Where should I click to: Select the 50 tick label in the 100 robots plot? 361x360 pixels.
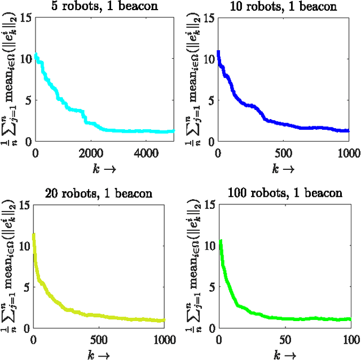click(x=285, y=339)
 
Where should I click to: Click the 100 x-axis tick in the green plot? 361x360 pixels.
click(x=350, y=339)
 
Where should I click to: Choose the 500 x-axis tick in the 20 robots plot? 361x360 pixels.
click(x=99, y=339)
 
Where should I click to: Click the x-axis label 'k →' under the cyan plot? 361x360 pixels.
click(x=104, y=168)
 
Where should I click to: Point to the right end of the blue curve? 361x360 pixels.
click(x=348, y=130)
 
